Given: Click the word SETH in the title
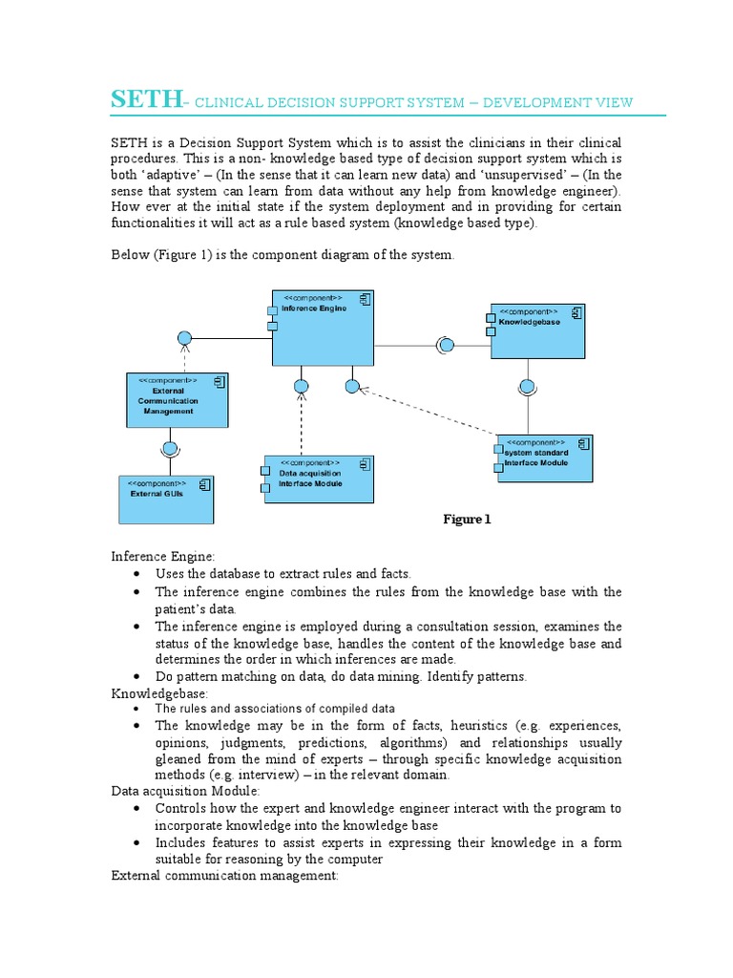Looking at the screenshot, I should [x=146, y=100].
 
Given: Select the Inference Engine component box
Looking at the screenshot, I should [x=323, y=330].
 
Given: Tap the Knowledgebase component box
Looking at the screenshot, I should [x=536, y=331].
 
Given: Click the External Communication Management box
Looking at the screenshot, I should [x=178, y=400].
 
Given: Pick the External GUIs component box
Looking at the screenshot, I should [x=166, y=499].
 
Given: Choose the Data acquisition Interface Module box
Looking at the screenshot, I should [x=318, y=478].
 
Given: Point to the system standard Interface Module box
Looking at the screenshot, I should [x=543, y=457].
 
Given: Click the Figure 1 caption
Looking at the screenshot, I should [x=467, y=520].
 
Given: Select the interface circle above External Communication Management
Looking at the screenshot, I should [x=185, y=337].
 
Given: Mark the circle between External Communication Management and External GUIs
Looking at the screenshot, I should [x=171, y=448].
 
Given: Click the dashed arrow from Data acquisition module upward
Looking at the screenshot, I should [x=302, y=425].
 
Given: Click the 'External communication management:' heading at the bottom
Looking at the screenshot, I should [x=224, y=875].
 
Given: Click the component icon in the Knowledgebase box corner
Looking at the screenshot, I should [x=576, y=312].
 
